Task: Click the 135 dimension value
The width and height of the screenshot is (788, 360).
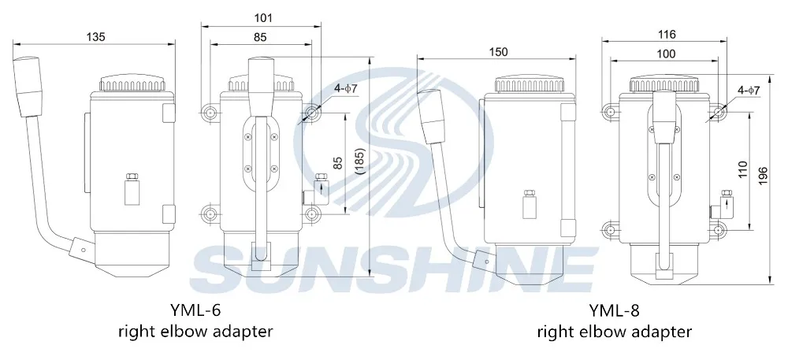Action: tap(95, 36)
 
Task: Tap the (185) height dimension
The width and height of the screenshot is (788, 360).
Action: tap(360, 162)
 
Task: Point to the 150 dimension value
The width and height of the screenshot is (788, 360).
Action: tap(498, 52)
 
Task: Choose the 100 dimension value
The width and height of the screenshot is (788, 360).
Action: tap(666, 53)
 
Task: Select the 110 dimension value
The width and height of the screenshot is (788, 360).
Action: tap(741, 169)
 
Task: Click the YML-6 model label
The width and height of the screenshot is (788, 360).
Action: tap(195, 310)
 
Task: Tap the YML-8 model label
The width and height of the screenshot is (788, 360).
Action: tap(615, 310)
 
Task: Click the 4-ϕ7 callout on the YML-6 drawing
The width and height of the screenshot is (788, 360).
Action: tap(345, 89)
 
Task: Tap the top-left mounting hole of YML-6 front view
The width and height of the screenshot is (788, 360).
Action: tap(209, 113)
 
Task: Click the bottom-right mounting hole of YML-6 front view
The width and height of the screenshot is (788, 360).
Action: tap(313, 213)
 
